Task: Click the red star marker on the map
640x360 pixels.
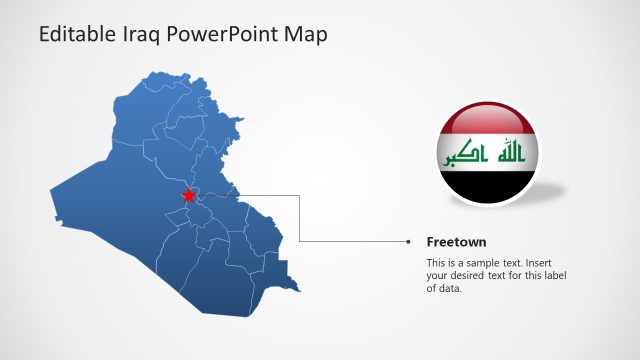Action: tap(188, 196)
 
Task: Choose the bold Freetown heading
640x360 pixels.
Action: tap(456, 241)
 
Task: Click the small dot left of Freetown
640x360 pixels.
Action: tap(408, 241)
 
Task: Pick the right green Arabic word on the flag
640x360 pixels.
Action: tap(510, 154)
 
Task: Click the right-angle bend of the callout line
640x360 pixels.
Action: tap(300, 241)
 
